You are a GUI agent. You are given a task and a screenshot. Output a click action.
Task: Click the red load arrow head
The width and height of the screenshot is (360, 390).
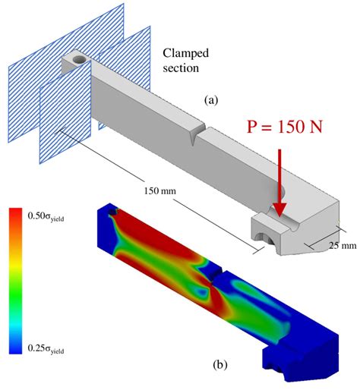pyautogui.click(x=279, y=209)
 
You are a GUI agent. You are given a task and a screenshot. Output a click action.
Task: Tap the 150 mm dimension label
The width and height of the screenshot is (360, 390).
pyautogui.click(x=158, y=189)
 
